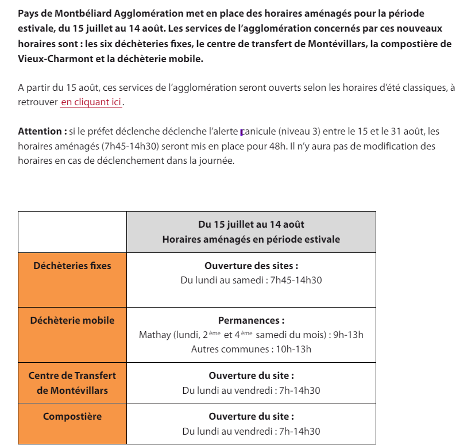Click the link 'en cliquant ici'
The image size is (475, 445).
click(x=91, y=102)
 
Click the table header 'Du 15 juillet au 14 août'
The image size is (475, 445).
click(x=251, y=224)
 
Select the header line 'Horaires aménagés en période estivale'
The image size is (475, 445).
click(x=251, y=239)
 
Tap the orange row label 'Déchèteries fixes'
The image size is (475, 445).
click(x=72, y=266)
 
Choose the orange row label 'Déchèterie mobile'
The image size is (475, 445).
click(x=72, y=320)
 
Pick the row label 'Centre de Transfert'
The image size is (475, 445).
click(x=72, y=375)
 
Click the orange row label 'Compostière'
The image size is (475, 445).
click(x=72, y=416)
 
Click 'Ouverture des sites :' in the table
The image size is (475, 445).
click(x=251, y=266)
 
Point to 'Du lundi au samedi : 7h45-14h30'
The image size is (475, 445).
click(x=251, y=281)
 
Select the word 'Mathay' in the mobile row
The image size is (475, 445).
click(x=155, y=335)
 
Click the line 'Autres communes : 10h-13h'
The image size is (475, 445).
click(x=251, y=350)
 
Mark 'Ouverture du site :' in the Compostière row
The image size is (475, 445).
click(x=251, y=416)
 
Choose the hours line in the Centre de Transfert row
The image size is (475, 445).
click(x=251, y=390)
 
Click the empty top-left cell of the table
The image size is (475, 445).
click(x=72, y=232)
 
